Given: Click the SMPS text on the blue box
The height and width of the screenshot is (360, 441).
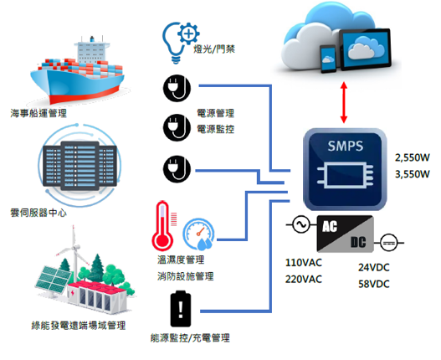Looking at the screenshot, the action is pyautogui.click(x=346, y=146).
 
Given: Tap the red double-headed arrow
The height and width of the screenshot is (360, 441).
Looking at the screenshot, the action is pyautogui.click(x=344, y=102).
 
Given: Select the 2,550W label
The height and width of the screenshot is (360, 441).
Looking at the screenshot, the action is pyautogui.click(x=413, y=157).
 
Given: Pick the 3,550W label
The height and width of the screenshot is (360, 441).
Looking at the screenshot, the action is pyautogui.click(x=413, y=174).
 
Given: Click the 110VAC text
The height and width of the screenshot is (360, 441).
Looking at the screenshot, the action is pyautogui.click(x=304, y=263).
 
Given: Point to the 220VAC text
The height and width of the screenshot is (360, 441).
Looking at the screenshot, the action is pyautogui.click(x=304, y=280).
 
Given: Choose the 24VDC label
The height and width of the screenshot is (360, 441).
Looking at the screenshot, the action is pyautogui.click(x=374, y=267).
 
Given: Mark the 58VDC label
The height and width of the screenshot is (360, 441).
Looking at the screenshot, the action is pyautogui.click(x=374, y=284).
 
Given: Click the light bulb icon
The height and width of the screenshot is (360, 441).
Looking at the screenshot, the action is pyautogui.click(x=172, y=43).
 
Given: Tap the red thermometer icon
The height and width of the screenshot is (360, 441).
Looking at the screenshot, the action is pyautogui.click(x=163, y=226).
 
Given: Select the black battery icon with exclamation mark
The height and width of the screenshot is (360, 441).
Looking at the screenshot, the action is pyautogui.click(x=181, y=309).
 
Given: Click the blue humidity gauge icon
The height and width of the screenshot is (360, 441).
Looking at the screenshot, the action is pyautogui.click(x=198, y=234).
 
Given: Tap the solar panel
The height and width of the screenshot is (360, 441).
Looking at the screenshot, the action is pyautogui.click(x=53, y=280).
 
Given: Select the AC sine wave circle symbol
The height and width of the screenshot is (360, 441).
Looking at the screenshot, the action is pyautogui.click(x=301, y=224).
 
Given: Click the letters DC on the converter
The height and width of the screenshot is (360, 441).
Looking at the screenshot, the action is pyautogui.click(x=358, y=242).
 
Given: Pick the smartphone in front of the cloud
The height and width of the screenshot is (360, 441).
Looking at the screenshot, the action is pyautogui.click(x=328, y=59).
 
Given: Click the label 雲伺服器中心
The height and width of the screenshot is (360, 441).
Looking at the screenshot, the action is pyautogui.click(x=38, y=213).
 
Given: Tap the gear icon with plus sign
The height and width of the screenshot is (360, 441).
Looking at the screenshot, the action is pyautogui.click(x=189, y=33).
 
